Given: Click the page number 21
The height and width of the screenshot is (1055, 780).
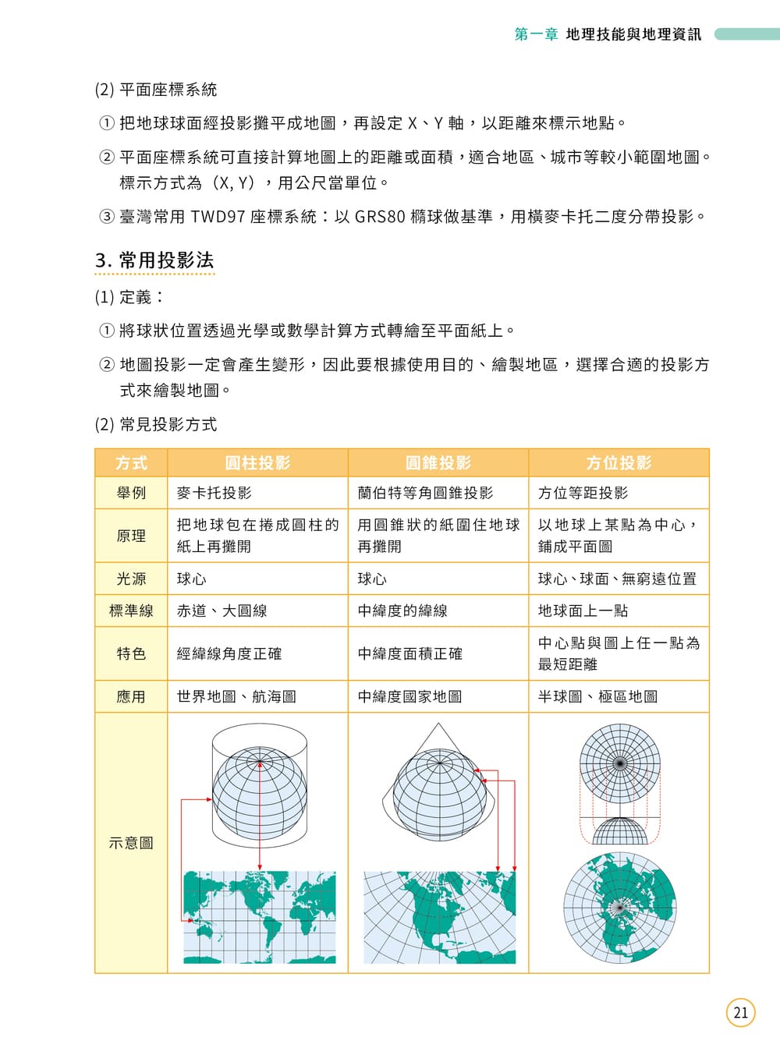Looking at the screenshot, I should click(x=741, y=1012).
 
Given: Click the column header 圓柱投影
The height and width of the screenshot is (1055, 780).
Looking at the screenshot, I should click(x=257, y=463).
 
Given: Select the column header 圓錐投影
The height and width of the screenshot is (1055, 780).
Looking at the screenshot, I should click(x=438, y=463).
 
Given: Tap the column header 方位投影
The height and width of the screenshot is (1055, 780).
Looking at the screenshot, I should click(x=619, y=463).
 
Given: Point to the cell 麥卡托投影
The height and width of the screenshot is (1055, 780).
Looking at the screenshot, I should click(x=214, y=493).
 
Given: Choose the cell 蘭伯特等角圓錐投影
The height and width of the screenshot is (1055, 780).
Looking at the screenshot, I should click(x=425, y=493).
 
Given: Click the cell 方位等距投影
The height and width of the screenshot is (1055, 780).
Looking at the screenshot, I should click(x=583, y=493).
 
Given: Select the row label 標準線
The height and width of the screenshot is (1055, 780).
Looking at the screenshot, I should click(x=131, y=611).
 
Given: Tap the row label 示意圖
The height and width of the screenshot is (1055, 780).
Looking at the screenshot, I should click(x=131, y=843).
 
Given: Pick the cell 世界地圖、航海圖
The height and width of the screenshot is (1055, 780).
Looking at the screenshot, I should click(x=236, y=696).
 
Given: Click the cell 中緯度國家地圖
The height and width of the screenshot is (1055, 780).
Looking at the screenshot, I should click(x=409, y=696).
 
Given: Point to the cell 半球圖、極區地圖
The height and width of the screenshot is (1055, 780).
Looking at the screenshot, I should click(x=597, y=696).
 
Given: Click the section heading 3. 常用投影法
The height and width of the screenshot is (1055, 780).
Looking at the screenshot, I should click(x=154, y=260).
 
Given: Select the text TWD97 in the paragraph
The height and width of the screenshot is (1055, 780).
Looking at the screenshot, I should click(x=218, y=217).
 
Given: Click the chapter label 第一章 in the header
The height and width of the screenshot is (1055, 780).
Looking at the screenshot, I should click(x=536, y=34).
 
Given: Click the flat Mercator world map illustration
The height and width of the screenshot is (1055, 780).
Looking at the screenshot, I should click(x=260, y=917).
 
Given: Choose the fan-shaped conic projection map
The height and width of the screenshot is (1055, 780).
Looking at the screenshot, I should click(x=440, y=918).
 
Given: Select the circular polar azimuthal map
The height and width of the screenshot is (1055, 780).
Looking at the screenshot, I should click(x=620, y=908).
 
